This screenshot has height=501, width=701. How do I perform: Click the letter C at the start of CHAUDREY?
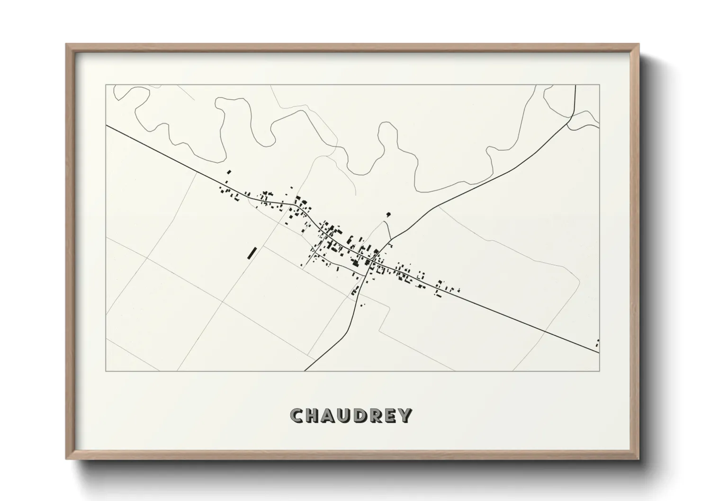point(297,415)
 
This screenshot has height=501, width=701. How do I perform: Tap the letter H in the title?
point(313,415)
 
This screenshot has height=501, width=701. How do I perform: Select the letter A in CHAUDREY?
point(329,415)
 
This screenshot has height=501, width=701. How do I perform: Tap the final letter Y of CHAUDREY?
point(405,415)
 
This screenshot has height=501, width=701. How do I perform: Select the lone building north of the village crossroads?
point(388,215)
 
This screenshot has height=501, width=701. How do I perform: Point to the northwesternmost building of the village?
point(229,172)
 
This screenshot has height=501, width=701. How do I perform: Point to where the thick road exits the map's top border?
point(575,86)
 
